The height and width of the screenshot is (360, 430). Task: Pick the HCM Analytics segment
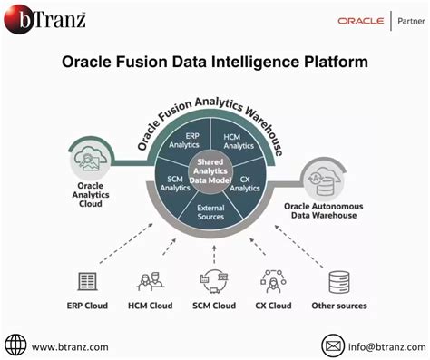coord(238,139)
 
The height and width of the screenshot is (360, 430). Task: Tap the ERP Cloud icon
coord(88,282)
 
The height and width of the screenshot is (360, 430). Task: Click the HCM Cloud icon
coord(150,282)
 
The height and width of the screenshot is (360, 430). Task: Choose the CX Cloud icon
coord(273,282)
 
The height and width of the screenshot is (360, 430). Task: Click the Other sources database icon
coord(339,282)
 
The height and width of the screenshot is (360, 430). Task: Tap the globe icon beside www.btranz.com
coord(15,345)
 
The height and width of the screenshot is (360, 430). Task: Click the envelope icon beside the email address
coord(334,345)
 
